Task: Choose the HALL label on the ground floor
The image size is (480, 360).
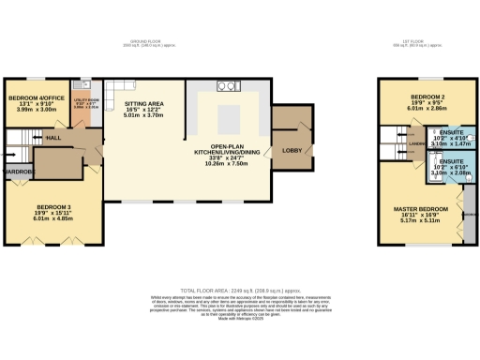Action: (x=55, y=137)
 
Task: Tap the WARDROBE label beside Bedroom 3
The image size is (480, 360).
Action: (x=18, y=172)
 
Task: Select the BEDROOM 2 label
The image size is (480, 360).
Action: (x=427, y=97)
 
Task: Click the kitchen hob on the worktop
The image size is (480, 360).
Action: (x=226, y=87)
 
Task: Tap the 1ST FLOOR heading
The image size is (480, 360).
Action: (x=427, y=43)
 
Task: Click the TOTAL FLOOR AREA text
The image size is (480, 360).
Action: (x=240, y=292)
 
